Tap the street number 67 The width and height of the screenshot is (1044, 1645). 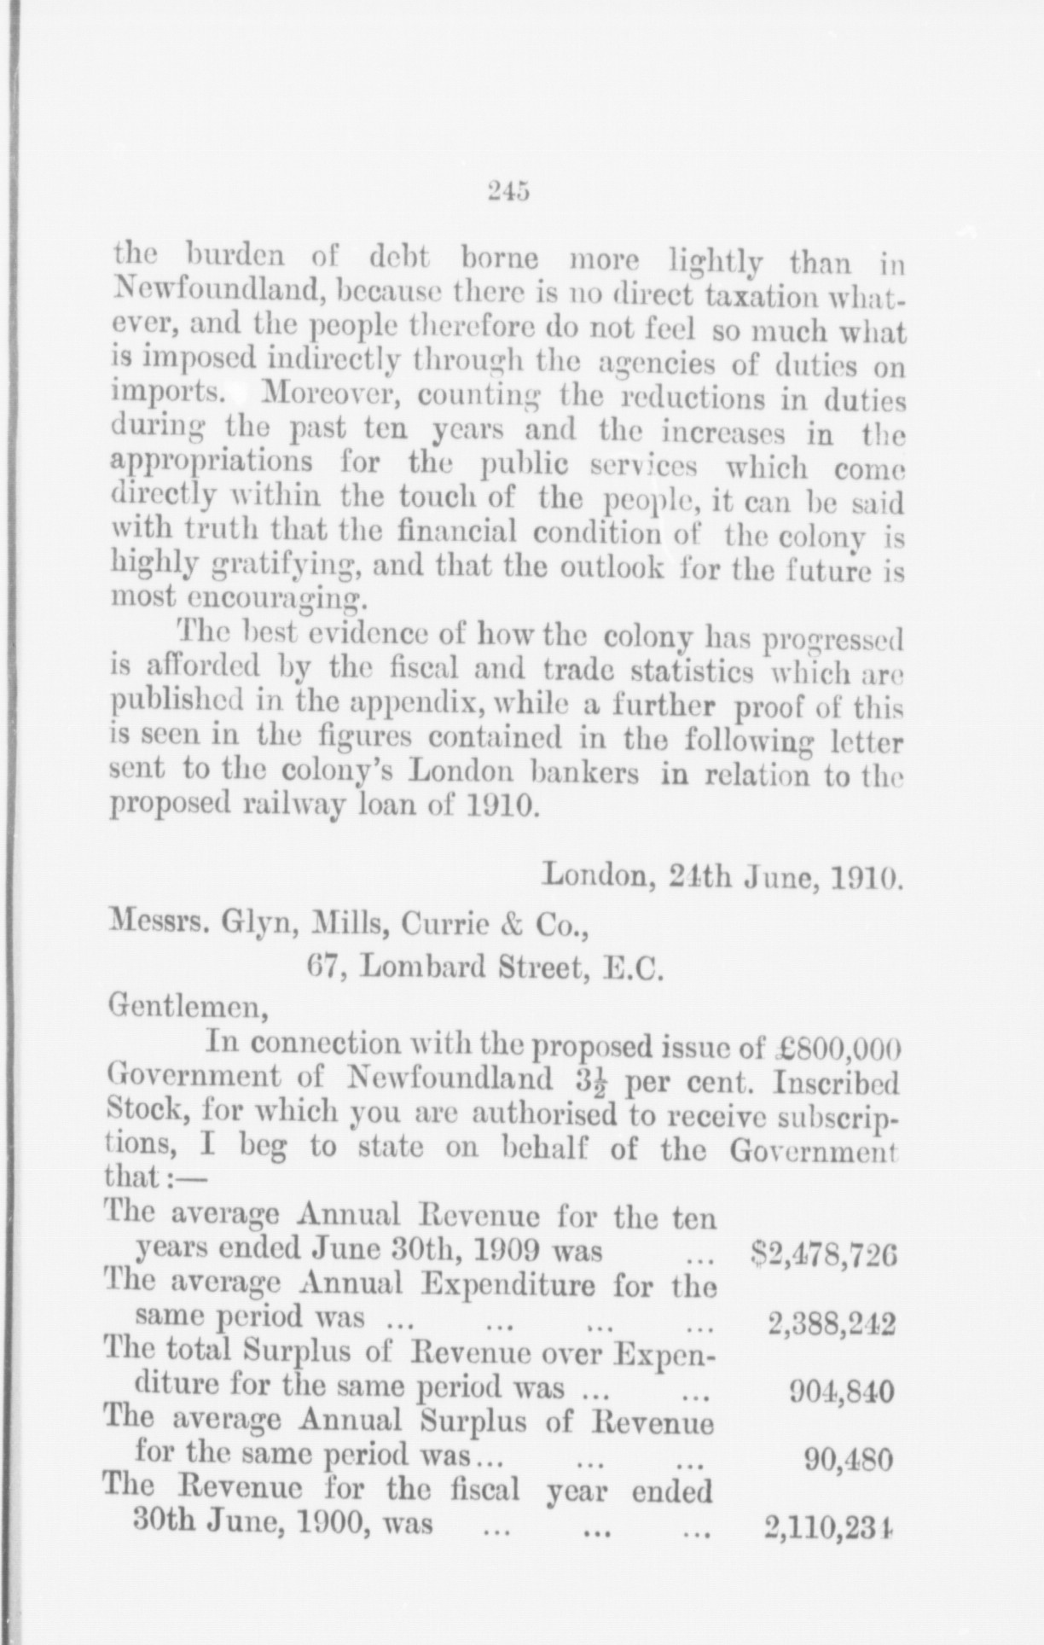[324, 967]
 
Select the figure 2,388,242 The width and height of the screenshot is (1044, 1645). [831, 1325]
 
